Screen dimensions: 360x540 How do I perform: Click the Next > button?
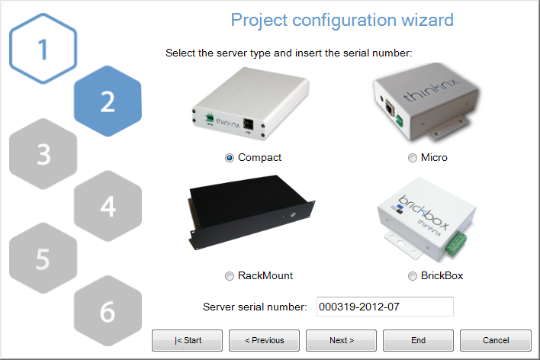341,340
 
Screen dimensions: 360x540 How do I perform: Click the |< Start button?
187,340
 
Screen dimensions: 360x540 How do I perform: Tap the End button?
418,340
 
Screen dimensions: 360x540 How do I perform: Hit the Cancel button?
495,340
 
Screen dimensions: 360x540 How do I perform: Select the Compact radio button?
230,158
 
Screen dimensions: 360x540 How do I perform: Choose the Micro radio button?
413,158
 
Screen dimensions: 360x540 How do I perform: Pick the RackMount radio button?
230,275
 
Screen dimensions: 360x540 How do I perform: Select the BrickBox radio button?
413,275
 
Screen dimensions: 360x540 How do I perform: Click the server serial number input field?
384,307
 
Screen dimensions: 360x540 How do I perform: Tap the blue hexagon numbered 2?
108,101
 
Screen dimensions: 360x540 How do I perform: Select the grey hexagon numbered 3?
43,153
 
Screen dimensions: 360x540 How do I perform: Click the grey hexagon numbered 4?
108,205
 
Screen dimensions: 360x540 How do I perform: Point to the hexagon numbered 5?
43,258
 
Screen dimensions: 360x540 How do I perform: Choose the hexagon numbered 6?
108,310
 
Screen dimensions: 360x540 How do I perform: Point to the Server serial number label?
255,307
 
